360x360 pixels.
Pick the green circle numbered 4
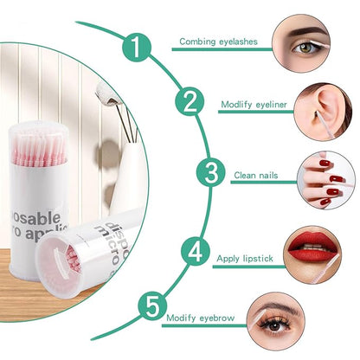(196, 254)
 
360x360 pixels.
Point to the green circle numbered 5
(151, 306)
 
